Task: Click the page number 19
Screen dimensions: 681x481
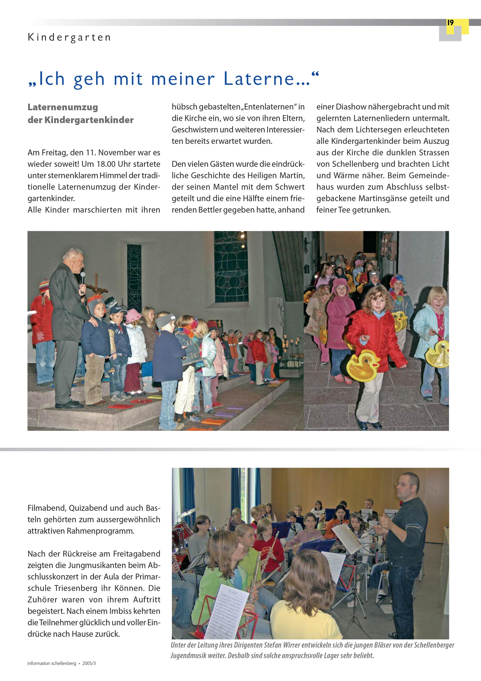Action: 450,23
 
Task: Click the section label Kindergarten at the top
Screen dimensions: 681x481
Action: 69,38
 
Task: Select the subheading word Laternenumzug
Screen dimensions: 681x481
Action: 63,107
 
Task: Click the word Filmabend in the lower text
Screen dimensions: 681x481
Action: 46,508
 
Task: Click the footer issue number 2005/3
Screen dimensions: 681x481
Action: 89,663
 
